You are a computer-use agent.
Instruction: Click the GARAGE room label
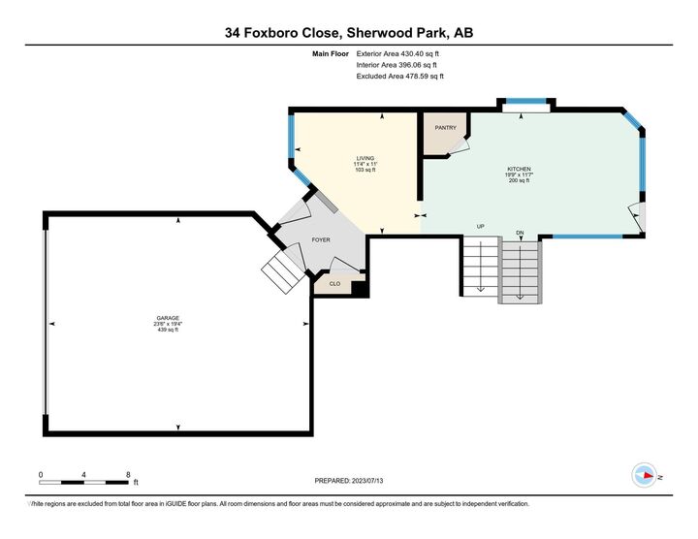pyautogui.click(x=168, y=318)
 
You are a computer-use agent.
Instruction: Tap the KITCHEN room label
pyautogui.click(x=519, y=169)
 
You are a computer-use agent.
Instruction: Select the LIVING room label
pyautogui.click(x=365, y=158)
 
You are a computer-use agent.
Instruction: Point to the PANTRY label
pyautogui.click(x=446, y=128)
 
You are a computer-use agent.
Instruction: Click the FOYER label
pyautogui.click(x=321, y=239)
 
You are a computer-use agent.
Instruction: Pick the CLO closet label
pyautogui.click(x=334, y=283)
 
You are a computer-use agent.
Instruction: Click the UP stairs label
pyautogui.click(x=480, y=227)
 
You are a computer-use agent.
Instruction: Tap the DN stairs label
pyautogui.click(x=520, y=233)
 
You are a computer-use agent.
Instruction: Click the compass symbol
pyautogui.click(x=644, y=475)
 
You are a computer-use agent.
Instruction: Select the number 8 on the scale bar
pyautogui.click(x=128, y=474)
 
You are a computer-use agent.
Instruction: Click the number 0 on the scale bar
pyautogui.click(x=41, y=474)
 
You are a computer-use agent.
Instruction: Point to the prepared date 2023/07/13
pyautogui.click(x=367, y=481)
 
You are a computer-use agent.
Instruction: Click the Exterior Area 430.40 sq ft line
pyautogui.click(x=397, y=54)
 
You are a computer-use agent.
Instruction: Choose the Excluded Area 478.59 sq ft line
pyautogui.click(x=400, y=77)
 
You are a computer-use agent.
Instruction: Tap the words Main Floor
pyautogui.click(x=331, y=54)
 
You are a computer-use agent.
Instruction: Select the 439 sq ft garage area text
pyautogui.click(x=168, y=330)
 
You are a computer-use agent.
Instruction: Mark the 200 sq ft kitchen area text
pyautogui.click(x=519, y=180)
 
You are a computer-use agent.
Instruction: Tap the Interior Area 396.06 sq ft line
pyautogui.click(x=397, y=65)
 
